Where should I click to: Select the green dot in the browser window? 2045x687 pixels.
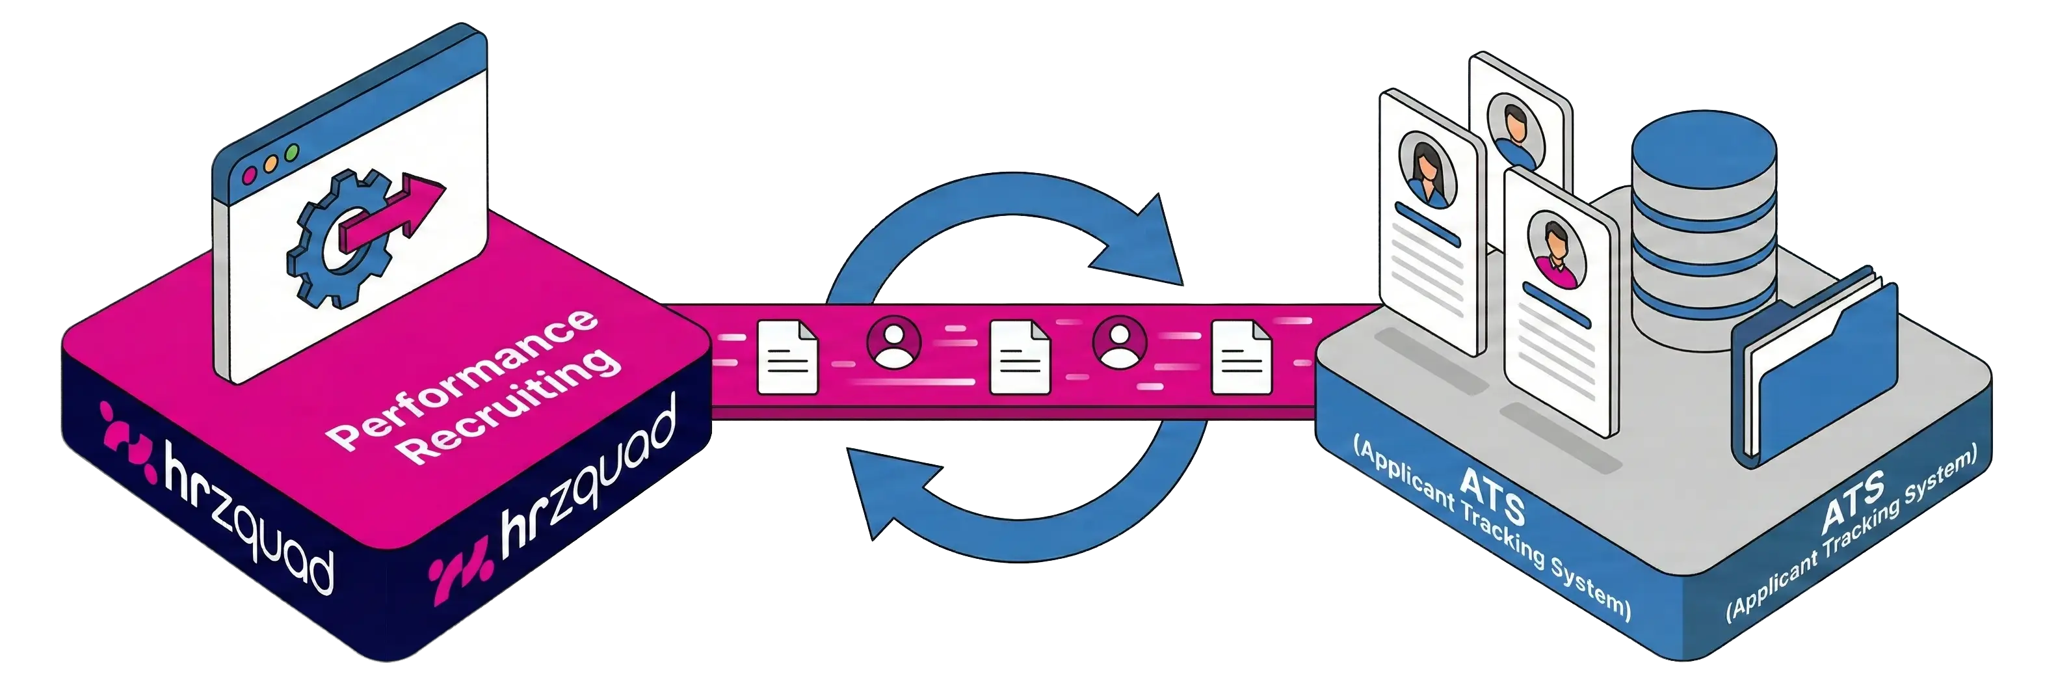[x=291, y=151]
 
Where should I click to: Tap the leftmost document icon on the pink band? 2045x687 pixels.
[x=787, y=357]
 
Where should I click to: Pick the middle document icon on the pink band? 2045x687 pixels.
[x=1020, y=357]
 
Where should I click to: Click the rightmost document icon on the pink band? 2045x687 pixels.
[x=1241, y=357]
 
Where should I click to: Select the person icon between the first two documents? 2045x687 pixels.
[x=895, y=342]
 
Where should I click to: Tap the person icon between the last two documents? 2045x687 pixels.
[x=1119, y=342]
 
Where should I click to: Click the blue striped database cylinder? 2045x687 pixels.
[x=1703, y=230]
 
